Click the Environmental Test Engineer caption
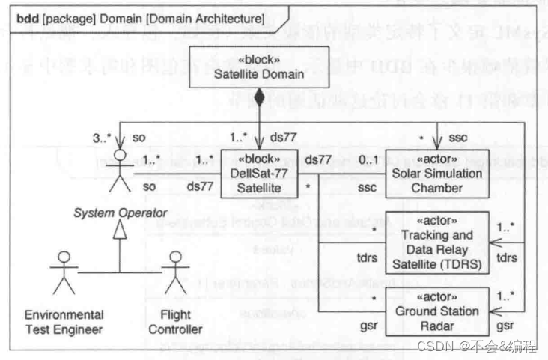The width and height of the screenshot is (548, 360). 64,321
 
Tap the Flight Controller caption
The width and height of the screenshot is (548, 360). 176,321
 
